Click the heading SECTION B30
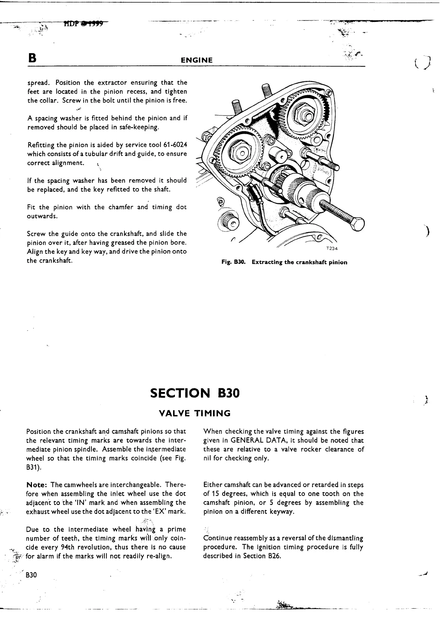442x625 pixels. coord(195,393)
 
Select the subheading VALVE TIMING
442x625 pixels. coord(195,413)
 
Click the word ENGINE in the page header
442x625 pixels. coord(196,60)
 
